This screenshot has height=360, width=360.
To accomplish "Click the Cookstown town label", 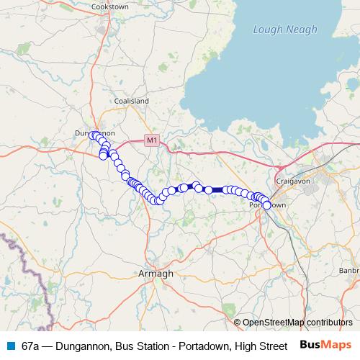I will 109,6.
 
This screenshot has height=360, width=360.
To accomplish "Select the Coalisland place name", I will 130,102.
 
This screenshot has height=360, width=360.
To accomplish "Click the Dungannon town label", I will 95,133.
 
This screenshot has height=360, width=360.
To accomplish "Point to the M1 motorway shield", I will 151,140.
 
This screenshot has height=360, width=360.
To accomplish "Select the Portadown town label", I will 268,206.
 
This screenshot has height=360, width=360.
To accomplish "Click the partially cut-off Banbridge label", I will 349,270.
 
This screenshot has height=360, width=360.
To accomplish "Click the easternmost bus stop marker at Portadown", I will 266,205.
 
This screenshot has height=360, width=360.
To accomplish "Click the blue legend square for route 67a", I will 10,346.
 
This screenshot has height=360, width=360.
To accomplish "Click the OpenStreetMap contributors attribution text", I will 297,323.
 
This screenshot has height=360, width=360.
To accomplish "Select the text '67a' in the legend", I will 30,346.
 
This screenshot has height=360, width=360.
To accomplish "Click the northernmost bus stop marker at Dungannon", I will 94,135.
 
